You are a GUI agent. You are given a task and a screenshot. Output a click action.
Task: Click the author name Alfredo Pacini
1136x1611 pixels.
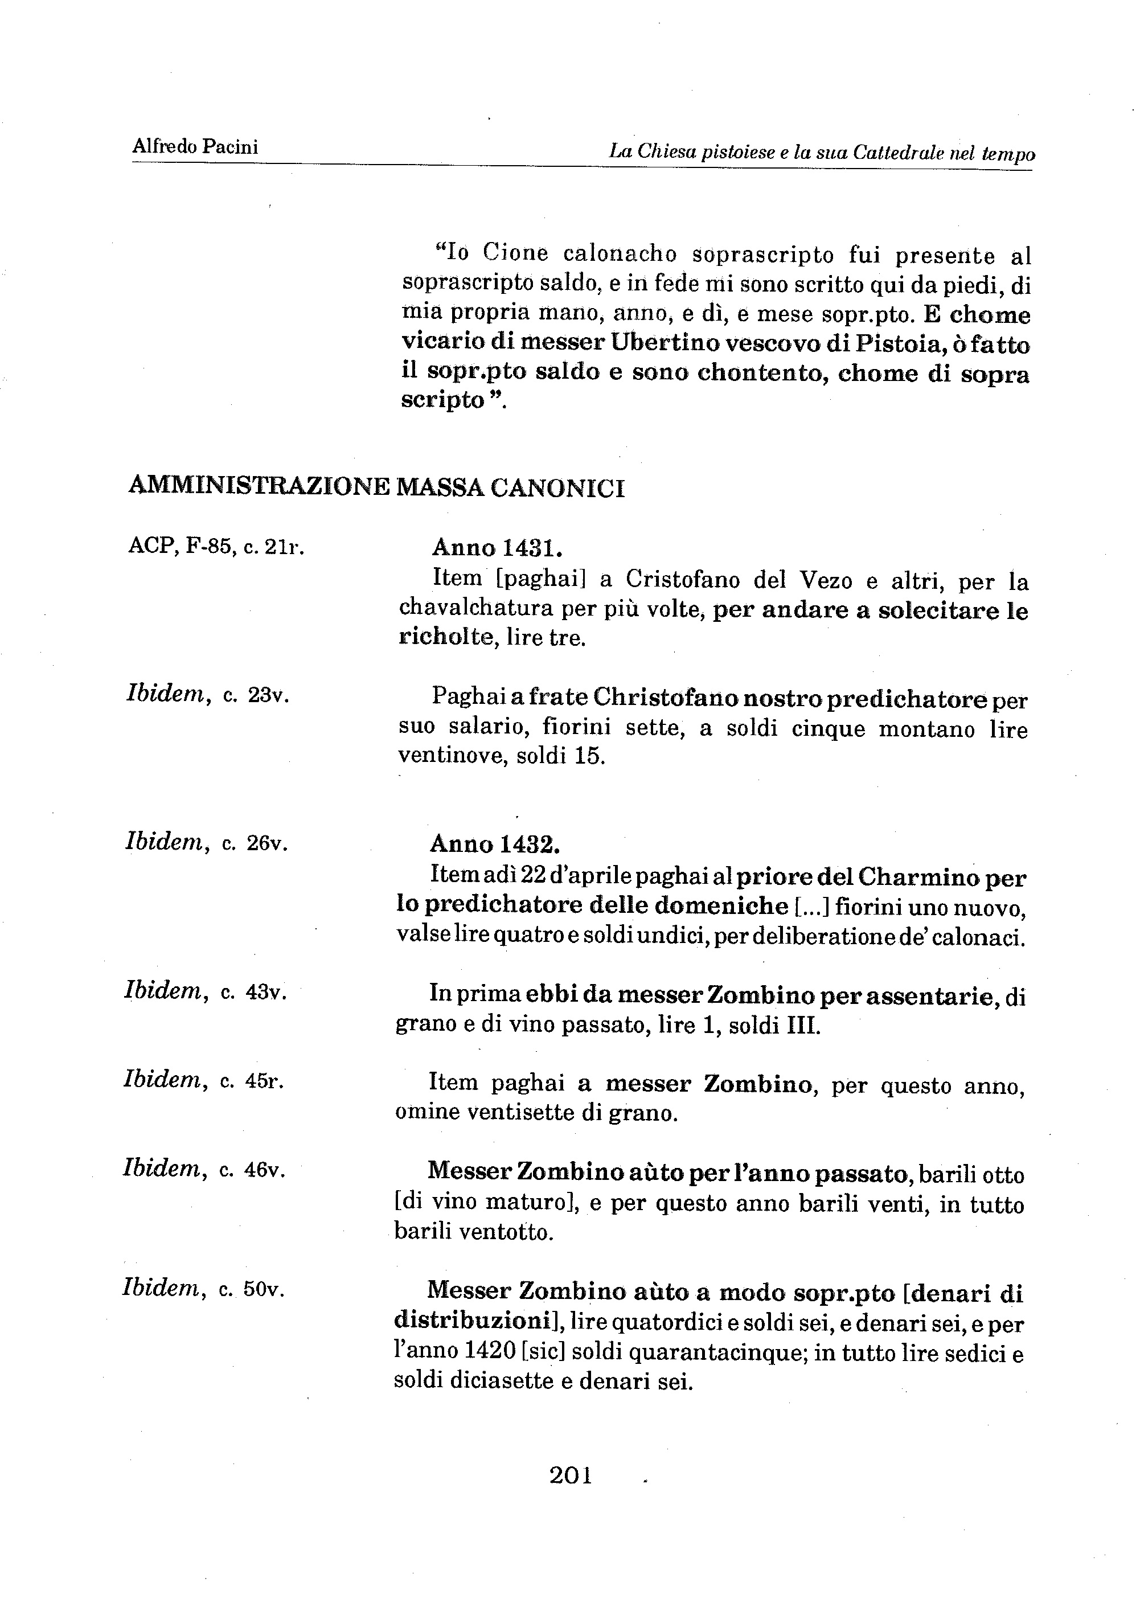[x=195, y=147]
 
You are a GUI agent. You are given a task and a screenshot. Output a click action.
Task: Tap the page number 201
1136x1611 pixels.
[x=571, y=1475]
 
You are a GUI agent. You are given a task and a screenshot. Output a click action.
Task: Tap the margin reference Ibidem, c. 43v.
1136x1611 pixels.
[x=206, y=991]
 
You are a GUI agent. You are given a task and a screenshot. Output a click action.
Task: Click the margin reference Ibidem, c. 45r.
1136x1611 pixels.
[x=203, y=1081]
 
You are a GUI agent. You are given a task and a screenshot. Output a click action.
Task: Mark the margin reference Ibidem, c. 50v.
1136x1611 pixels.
[x=203, y=1289]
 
